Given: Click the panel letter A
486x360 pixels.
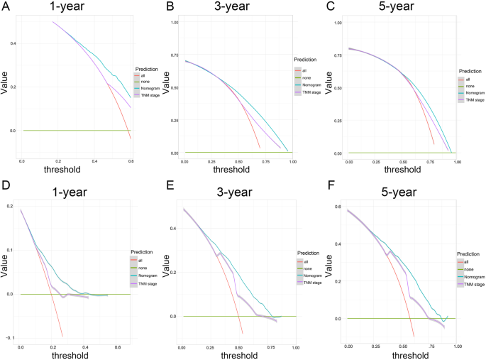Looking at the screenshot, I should click(x=6, y=6).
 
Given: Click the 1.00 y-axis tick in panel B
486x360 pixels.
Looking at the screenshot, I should click(x=175, y=23).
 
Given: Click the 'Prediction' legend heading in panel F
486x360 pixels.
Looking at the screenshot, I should click(x=470, y=253).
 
